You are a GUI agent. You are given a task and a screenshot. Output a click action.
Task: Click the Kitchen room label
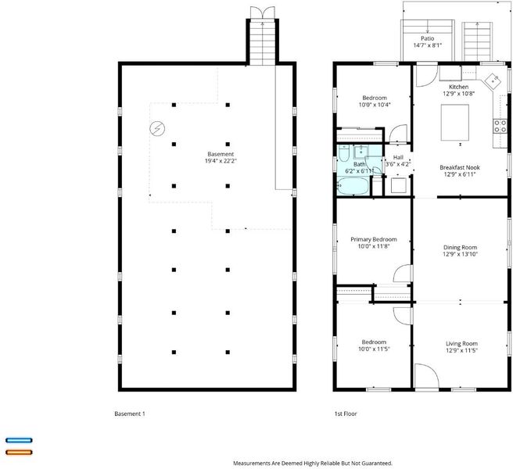point(458,87)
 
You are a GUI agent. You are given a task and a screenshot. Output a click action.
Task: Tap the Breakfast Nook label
point(460,167)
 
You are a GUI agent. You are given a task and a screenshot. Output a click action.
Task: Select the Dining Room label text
point(460,248)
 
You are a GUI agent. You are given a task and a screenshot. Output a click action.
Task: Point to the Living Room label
point(461,344)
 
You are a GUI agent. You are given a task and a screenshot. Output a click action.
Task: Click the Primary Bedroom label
point(374,239)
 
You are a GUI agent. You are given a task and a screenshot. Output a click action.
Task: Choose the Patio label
point(427,38)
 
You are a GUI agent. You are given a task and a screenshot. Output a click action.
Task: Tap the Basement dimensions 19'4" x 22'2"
point(221,161)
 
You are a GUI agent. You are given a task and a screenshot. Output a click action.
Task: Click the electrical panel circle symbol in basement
point(157,128)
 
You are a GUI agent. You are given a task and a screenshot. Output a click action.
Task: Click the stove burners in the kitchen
point(500,127)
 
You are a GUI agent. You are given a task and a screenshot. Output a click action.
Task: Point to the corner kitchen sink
point(493,81)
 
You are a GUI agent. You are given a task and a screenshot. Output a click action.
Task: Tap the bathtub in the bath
point(353,186)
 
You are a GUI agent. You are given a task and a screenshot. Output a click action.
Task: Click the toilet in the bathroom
point(344,153)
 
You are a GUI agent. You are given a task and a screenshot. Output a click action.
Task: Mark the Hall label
point(398,158)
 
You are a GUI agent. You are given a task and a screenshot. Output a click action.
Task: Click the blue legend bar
point(19,440)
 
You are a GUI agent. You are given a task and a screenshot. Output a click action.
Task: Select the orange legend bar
point(19,453)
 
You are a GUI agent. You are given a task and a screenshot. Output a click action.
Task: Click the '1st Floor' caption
point(346,414)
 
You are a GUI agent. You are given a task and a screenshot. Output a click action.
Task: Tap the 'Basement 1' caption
point(130,414)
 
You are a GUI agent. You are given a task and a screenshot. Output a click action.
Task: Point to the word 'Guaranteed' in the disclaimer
point(378,463)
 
